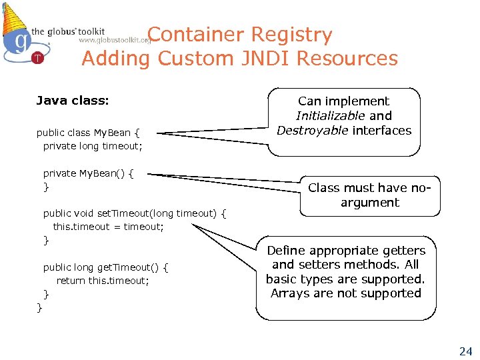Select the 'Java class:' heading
point(72,101)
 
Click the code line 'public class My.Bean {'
point(87,133)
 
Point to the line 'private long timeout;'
point(93,146)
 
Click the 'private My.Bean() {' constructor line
point(88,173)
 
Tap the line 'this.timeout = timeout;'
point(108,227)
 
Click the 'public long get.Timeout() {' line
point(105,267)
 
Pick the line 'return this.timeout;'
point(103,281)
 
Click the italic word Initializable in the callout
point(330,116)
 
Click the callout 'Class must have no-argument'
point(370,195)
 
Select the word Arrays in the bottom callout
point(291,293)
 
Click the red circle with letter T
point(38,58)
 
